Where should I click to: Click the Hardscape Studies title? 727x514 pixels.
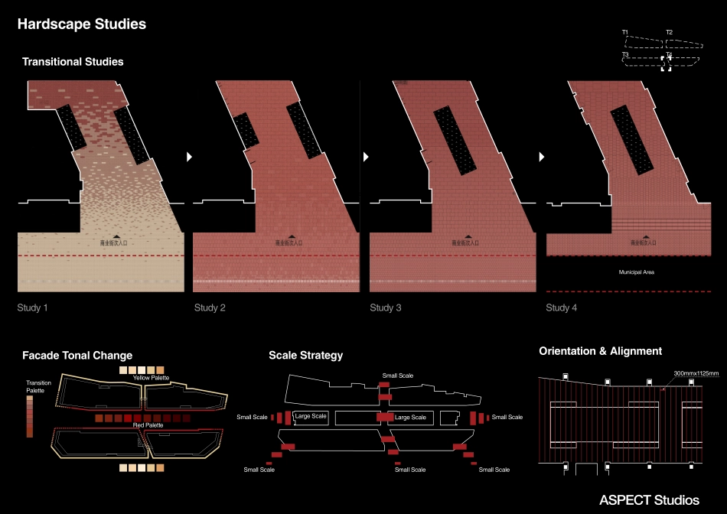(81, 24)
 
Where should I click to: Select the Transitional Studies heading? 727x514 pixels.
(73, 61)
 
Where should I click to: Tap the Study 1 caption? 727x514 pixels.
(33, 307)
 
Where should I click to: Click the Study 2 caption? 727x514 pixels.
(210, 307)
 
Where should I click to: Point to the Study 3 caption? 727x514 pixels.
(386, 307)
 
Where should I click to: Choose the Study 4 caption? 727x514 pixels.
(562, 307)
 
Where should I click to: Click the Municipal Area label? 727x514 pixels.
(637, 272)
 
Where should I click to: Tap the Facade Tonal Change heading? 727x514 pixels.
(77, 356)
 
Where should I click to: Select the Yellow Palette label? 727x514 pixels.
(151, 378)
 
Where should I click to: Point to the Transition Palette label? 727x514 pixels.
(38, 386)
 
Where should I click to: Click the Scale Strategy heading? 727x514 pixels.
(305, 356)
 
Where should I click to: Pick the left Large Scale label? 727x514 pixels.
(311, 417)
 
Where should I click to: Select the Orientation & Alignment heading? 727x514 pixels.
(601, 351)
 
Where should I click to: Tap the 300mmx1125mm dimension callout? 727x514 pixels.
(696, 374)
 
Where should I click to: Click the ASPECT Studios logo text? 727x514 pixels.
(649, 500)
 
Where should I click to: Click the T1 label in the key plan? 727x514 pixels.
(625, 32)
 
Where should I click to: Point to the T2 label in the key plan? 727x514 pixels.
(669, 32)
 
